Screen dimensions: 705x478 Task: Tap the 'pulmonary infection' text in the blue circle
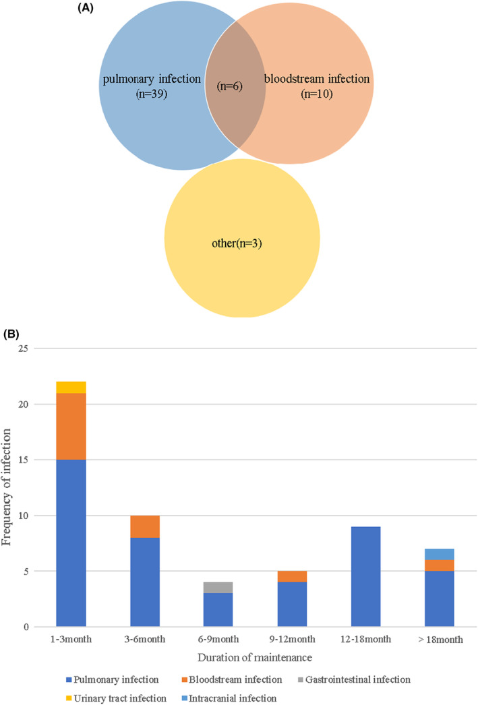point(152,80)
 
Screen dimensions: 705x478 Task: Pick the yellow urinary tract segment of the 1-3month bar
point(71,388)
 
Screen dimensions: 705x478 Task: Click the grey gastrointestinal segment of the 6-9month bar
point(218,588)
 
